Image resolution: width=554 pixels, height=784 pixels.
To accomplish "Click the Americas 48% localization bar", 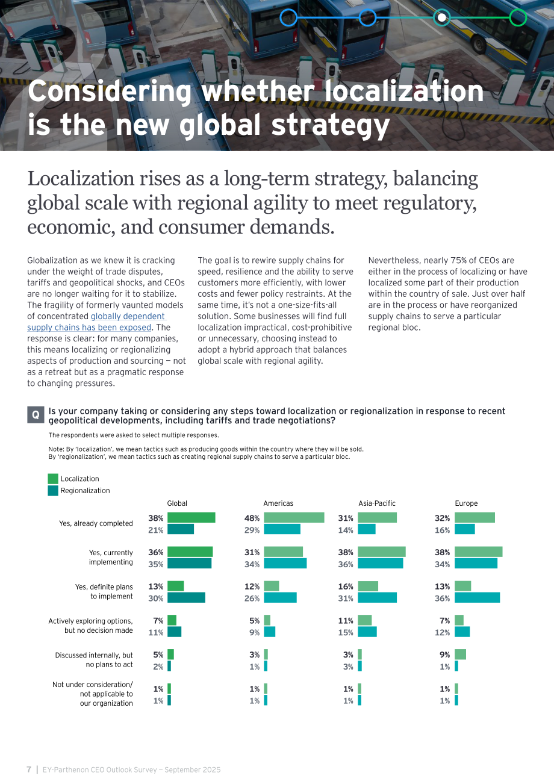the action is (294, 518).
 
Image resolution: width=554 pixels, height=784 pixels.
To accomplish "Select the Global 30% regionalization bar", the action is (186, 597).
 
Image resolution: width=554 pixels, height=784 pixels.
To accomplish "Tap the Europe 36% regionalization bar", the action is (477, 597).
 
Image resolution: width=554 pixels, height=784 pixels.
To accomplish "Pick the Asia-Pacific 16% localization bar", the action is (368, 586).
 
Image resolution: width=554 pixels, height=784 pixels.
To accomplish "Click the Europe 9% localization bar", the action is (460, 654).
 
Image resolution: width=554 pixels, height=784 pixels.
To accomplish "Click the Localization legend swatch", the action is (53, 479).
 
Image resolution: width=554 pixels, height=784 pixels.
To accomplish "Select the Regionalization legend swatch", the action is (53, 490).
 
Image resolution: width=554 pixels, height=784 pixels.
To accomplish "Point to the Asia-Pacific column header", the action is (376, 503).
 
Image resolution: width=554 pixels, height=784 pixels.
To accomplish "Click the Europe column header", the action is (466, 503).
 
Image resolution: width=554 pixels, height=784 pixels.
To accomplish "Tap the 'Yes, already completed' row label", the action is (96, 523).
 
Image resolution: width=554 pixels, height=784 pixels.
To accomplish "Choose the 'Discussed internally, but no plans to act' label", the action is (94, 660).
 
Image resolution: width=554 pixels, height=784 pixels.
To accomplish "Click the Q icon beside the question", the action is (36, 415).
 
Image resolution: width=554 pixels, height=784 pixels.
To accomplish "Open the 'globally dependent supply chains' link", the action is (96, 322).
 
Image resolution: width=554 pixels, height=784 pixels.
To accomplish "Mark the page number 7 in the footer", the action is (29, 770).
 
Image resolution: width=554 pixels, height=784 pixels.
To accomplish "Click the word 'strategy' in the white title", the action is (331, 126).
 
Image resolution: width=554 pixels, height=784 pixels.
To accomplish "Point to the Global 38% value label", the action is (156, 518).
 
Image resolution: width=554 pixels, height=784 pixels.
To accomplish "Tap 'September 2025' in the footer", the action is (193, 770).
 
